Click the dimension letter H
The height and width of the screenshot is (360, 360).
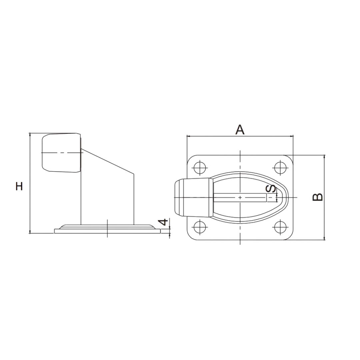19,186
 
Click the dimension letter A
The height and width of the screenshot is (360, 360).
240,130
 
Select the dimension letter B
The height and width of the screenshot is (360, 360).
318,197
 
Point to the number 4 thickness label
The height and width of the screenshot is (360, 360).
164,222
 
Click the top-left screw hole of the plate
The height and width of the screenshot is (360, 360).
200,168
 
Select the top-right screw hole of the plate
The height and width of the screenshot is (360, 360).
280,168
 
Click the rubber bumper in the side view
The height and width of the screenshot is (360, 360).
61,152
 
